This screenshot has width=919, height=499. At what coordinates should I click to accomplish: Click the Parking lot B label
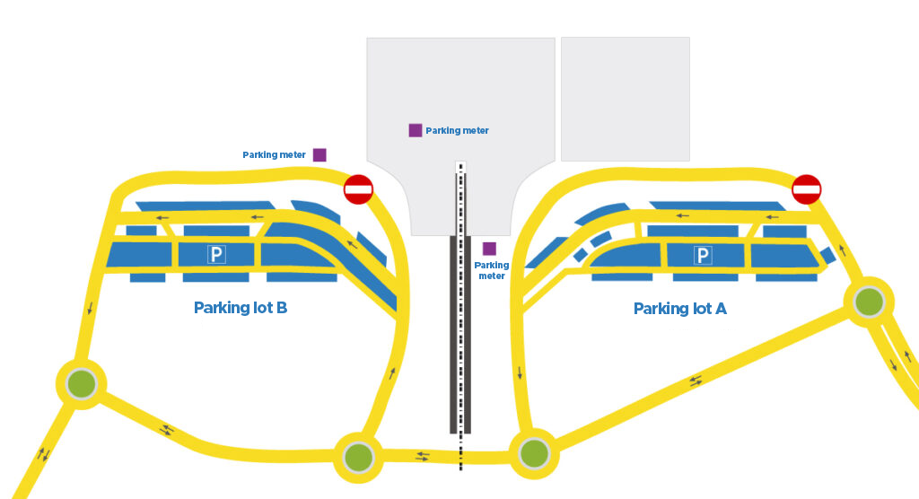[241, 308]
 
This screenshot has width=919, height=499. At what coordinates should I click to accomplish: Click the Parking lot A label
[679, 309]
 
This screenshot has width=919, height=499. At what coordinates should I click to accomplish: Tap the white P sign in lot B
[216, 255]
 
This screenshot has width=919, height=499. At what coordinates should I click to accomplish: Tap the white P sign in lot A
[703, 257]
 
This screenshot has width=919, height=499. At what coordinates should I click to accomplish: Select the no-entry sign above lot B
[358, 189]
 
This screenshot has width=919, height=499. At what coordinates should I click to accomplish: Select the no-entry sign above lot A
[806, 189]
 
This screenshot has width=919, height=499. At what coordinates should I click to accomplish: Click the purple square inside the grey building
[416, 130]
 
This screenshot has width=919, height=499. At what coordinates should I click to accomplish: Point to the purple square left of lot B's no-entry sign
[319, 154]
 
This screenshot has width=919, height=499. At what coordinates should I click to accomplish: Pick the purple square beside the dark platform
[489, 249]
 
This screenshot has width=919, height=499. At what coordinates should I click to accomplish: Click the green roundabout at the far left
[82, 383]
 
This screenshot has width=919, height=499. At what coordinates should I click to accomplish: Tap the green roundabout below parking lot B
[358, 457]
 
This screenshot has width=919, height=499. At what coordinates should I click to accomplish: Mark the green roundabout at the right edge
[869, 302]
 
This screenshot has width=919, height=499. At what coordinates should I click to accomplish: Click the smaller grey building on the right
[625, 99]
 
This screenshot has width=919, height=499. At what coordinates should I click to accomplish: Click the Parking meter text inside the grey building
[457, 131]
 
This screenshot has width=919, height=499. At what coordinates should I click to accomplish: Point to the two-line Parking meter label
[491, 270]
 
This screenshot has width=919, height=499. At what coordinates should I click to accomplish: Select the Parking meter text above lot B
[274, 155]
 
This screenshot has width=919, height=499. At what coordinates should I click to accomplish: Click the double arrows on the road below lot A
[696, 381]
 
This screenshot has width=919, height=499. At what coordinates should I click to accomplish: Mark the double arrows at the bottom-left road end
[42, 453]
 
